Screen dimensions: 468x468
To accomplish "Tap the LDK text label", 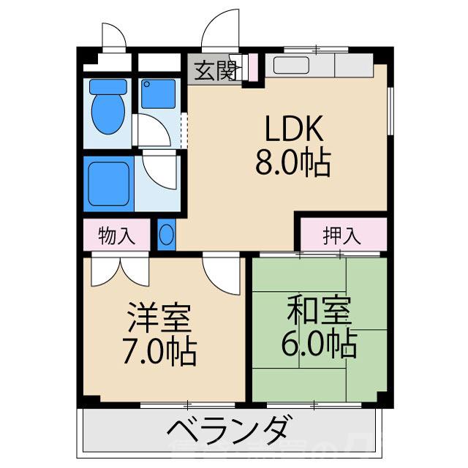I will (x=292, y=129).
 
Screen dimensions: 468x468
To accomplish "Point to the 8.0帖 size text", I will (x=292, y=162).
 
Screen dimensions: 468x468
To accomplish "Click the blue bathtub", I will (x=109, y=181).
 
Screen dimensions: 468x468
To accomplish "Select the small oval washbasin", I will (x=167, y=235).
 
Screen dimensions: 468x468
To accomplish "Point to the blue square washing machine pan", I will (x=159, y=94).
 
